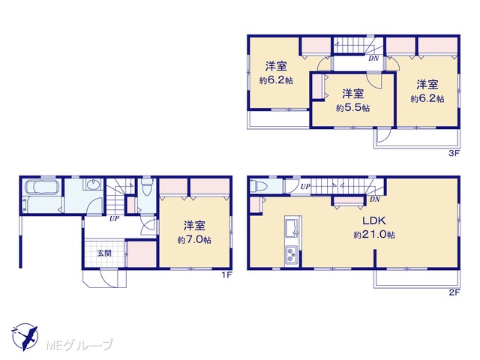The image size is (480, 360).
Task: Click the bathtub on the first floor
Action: pyautogui.click(x=41, y=187)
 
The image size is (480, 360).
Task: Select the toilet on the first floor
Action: pyautogui.click(x=147, y=187)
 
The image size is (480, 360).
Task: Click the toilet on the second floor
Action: pyautogui.click(x=255, y=186)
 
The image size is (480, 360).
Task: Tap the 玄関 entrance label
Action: pyautogui.click(x=104, y=253)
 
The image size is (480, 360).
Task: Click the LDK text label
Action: pyautogui.click(x=374, y=220)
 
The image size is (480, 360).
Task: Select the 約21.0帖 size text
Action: pyautogui.click(x=374, y=235)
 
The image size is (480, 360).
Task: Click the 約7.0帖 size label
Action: pyautogui.click(x=194, y=239)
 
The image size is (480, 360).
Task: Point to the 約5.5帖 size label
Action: pyautogui.click(x=353, y=108)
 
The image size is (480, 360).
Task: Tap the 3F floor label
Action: pyautogui.click(x=454, y=154)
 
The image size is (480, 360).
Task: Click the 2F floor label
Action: pyautogui.click(x=454, y=292)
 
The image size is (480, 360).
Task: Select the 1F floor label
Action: pyautogui.click(x=226, y=275)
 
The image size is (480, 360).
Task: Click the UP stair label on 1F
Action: pyautogui.click(x=115, y=219)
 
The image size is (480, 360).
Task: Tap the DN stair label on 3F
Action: pyautogui.click(x=373, y=58)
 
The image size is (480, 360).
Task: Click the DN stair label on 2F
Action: pyautogui.click(x=375, y=199)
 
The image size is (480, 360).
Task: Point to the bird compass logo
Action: pyautogui.click(x=25, y=337)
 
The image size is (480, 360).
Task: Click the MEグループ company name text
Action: pyautogui.click(x=79, y=345)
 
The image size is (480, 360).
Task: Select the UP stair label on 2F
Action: pyautogui.click(x=305, y=186)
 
